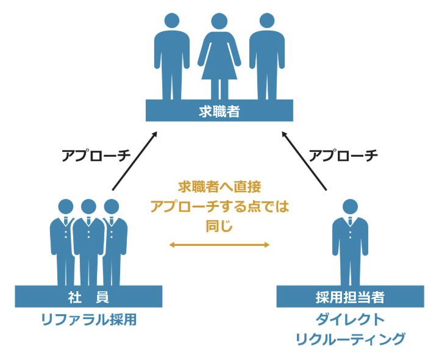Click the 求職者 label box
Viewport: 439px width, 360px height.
pos(220,110)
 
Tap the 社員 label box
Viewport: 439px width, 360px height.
pos(88,297)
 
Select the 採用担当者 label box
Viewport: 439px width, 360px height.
pos(350,297)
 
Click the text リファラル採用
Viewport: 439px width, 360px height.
pos(89,320)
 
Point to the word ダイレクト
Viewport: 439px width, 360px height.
pos(350,320)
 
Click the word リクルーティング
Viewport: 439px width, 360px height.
pos(350,339)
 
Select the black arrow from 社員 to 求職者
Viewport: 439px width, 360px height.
pos(135,161)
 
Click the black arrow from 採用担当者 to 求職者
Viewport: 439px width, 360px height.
pos(304,161)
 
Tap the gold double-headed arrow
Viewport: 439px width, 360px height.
pos(220,245)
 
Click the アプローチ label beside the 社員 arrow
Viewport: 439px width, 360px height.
pos(96,156)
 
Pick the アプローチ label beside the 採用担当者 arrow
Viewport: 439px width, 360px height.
pos(343,156)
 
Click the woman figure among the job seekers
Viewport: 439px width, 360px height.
pos(220,56)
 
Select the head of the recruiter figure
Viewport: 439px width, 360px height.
pos(350,207)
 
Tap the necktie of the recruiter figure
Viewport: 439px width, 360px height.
pos(350,221)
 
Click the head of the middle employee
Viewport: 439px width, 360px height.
pos(88,207)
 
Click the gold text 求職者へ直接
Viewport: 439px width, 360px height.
pos(220,187)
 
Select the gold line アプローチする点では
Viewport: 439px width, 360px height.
pos(220,206)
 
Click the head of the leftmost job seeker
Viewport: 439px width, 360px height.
pos(171,21)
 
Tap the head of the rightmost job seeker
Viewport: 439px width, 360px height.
pos(267,21)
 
